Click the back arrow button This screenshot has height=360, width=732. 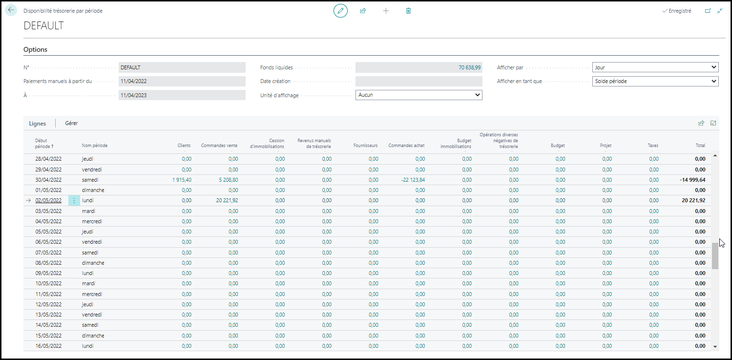click(x=11, y=10)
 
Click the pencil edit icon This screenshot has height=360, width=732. click(x=340, y=11)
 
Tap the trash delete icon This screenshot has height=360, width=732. click(x=408, y=11)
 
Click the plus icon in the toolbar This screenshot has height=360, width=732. click(x=386, y=11)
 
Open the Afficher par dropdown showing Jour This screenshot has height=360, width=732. click(x=655, y=67)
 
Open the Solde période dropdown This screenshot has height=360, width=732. click(x=655, y=81)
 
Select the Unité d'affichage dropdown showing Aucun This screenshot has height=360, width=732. click(x=418, y=95)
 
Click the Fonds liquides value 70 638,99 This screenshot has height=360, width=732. click(x=470, y=67)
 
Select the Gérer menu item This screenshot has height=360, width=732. click(x=71, y=123)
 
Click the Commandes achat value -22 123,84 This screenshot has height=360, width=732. click(x=413, y=180)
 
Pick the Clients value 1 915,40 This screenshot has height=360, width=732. click(x=182, y=180)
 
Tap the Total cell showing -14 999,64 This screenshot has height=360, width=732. click(x=692, y=180)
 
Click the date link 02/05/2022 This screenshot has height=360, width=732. click(x=48, y=200)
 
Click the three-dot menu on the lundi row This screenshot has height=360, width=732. click(x=74, y=200)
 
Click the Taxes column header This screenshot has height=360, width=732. click(x=653, y=146)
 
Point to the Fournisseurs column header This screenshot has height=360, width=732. click(x=365, y=146)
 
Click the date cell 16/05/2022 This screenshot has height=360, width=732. click(x=48, y=346)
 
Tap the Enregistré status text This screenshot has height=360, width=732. click(x=680, y=11)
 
